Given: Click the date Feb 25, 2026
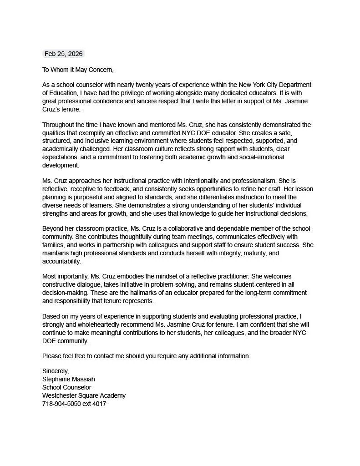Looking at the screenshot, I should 63,54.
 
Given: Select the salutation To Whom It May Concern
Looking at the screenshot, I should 78,70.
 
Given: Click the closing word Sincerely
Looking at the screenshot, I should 56,371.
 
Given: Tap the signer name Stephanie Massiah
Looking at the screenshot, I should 69,379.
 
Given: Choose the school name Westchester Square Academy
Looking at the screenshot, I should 84,395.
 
